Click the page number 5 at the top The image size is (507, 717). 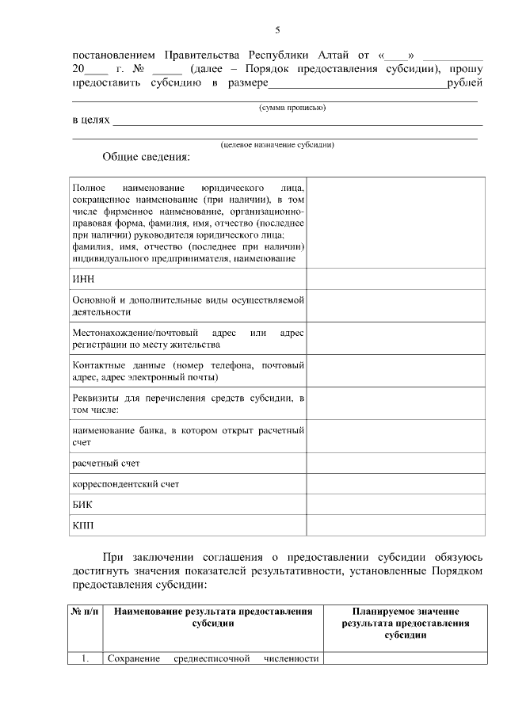(277, 30)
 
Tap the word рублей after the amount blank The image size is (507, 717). (464, 82)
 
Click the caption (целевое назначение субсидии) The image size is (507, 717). (276, 144)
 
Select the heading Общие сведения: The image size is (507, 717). (147, 157)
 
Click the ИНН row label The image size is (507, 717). (83, 279)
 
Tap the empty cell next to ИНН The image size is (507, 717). (394, 279)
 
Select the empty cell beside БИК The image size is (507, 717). (394, 503)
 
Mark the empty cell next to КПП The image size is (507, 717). (394, 524)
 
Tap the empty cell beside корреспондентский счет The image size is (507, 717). (394, 482)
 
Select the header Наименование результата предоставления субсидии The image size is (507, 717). (212, 617)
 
